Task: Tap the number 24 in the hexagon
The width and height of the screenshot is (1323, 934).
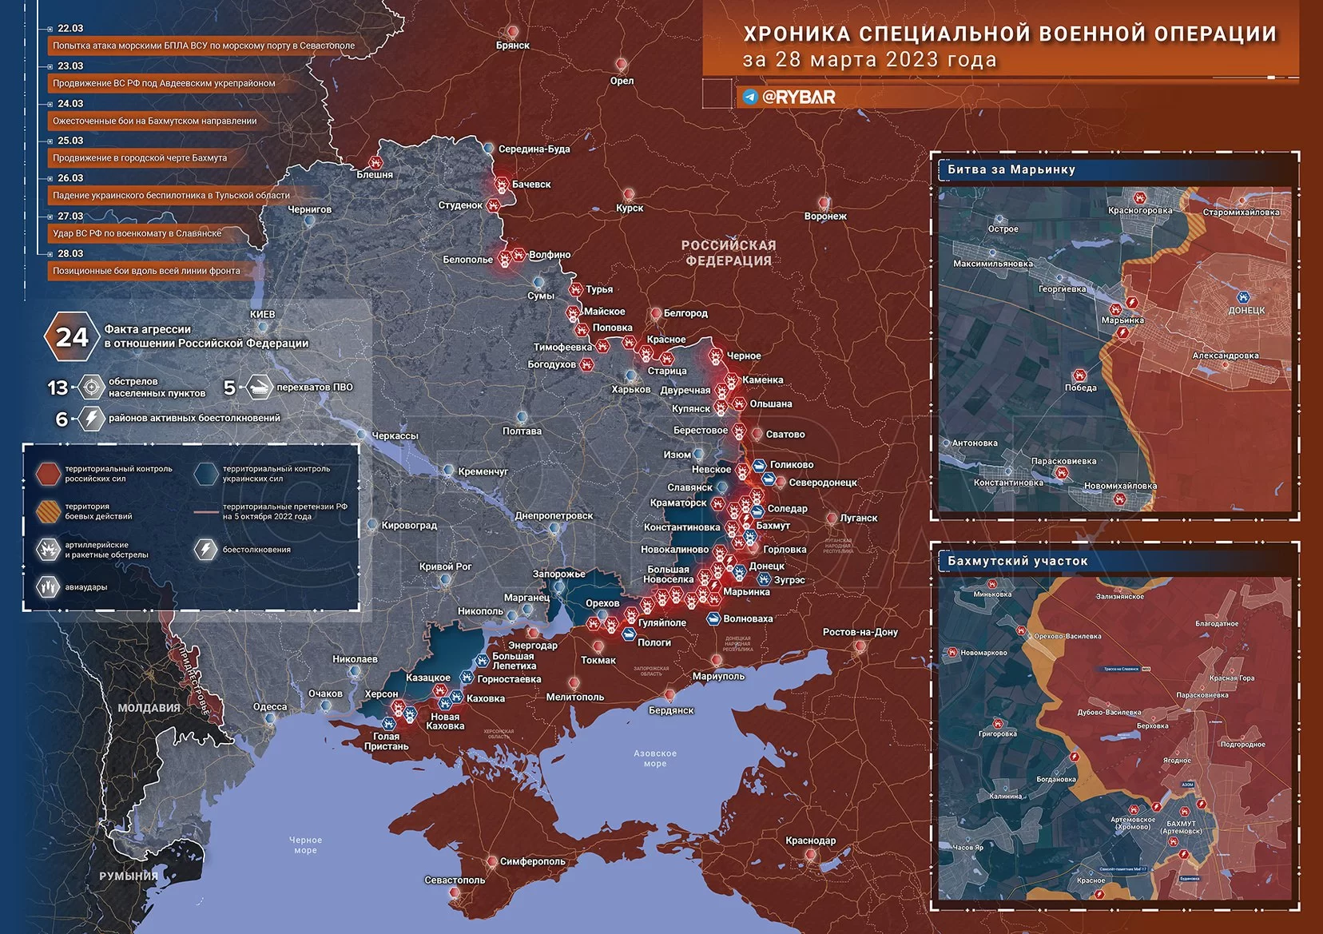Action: (72, 337)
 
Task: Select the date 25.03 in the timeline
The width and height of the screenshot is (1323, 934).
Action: (70, 141)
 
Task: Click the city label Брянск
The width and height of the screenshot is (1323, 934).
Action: (512, 46)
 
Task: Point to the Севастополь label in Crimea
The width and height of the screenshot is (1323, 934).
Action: (455, 880)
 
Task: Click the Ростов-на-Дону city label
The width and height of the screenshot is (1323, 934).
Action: (860, 632)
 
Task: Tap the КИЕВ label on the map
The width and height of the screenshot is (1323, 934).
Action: (262, 314)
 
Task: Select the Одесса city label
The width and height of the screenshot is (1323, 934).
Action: (270, 706)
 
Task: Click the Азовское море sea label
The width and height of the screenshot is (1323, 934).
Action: (654, 758)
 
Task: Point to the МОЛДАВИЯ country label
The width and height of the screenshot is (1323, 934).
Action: (149, 708)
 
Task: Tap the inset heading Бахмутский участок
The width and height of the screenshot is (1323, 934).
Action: (1017, 561)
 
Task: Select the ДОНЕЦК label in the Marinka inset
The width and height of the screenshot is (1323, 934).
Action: (1246, 310)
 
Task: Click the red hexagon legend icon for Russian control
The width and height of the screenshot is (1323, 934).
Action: (49, 473)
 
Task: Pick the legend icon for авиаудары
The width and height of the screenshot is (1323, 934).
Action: (49, 587)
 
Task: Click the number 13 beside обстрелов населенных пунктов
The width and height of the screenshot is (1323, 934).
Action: (58, 388)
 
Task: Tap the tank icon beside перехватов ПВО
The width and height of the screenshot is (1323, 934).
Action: (258, 388)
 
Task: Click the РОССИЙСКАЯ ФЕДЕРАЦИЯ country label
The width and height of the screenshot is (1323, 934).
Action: (728, 252)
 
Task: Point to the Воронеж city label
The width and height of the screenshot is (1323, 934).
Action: (825, 216)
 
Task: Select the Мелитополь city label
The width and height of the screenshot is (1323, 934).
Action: (574, 697)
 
